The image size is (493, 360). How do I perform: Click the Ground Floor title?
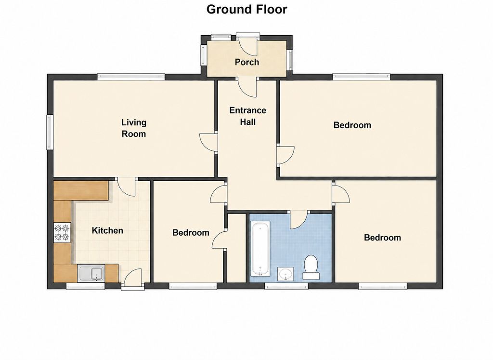tap(246, 10)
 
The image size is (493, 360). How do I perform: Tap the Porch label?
tap(247, 62)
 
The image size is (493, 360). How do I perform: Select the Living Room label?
tap(134, 128)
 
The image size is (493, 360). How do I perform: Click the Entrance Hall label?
tap(248, 116)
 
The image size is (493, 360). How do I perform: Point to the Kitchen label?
tap(107, 230)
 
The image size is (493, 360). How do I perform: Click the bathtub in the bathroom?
tap(260, 249)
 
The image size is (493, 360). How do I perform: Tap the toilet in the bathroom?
tap(311, 267)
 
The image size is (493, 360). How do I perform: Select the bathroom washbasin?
tap(285, 274)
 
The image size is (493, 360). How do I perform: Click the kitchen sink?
tap(91, 273)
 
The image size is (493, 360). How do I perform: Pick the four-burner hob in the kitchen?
tap(62, 233)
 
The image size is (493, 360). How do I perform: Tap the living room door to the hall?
tap(208, 143)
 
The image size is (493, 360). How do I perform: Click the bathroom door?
tap(299, 219)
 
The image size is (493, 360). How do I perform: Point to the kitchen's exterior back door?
tap(133, 278)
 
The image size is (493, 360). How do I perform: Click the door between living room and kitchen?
tap(126, 187)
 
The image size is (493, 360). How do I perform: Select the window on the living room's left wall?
tap(50, 132)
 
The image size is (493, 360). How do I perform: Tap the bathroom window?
tap(286, 286)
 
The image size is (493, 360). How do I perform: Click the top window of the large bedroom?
tap(361, 77)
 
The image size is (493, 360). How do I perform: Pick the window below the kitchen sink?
tap(85, 286)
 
